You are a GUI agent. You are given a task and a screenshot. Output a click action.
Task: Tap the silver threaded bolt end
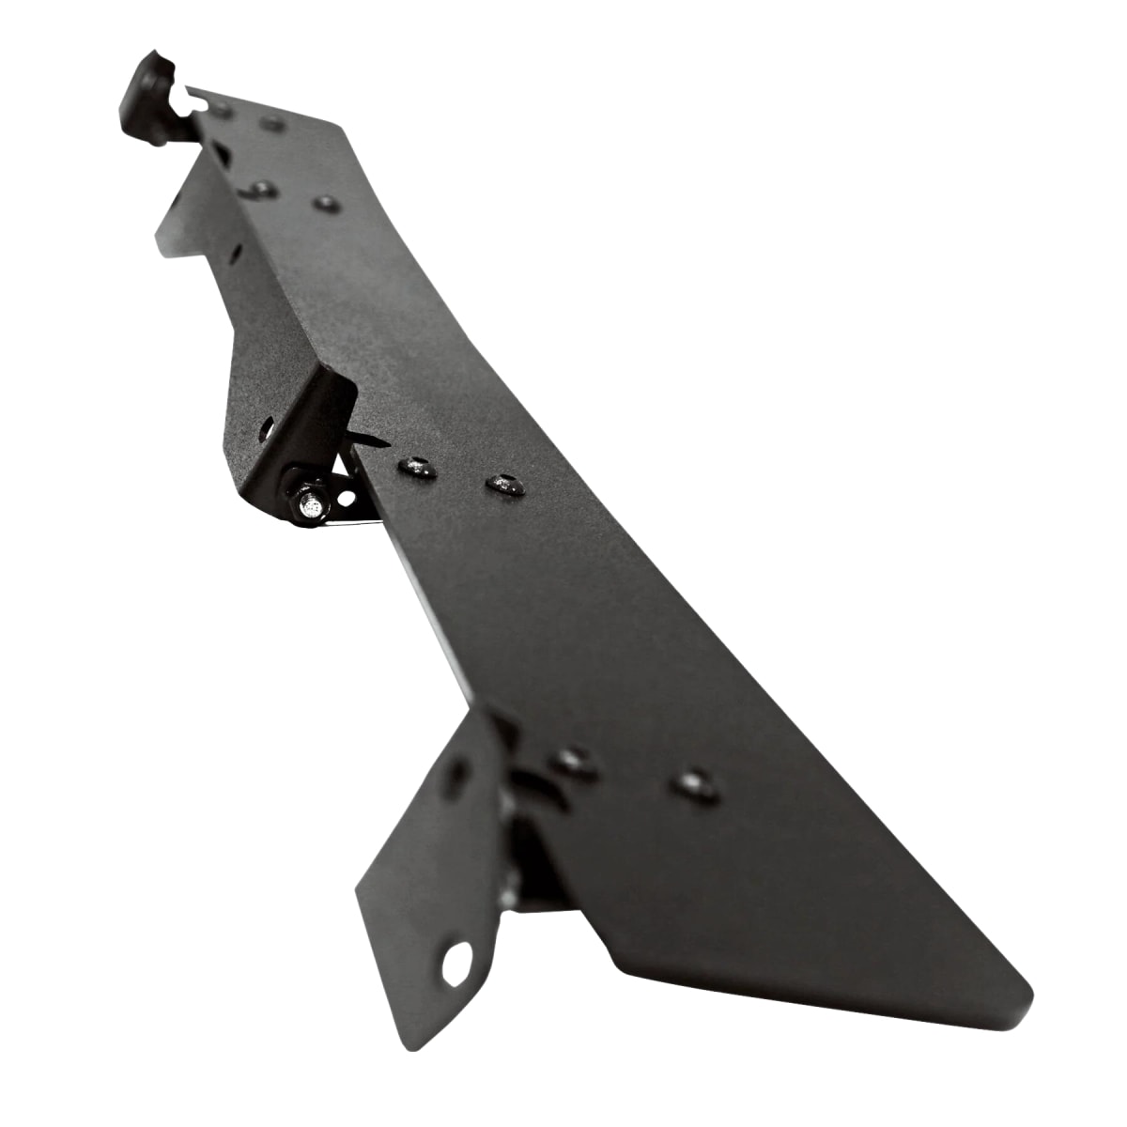309,508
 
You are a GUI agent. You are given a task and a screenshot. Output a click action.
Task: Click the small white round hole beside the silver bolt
347,496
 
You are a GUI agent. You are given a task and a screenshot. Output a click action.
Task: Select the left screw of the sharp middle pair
417,467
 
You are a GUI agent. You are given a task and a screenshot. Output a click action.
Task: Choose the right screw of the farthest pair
272,124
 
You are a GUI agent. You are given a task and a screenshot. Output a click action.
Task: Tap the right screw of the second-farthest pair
326,203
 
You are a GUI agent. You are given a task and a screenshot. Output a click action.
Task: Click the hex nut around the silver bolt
302,493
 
